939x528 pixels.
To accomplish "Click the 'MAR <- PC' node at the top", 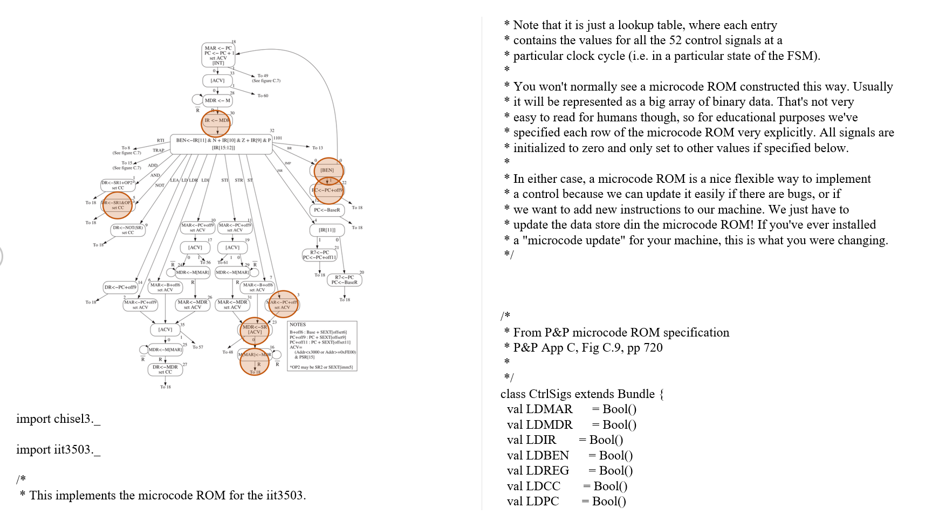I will point(218,55).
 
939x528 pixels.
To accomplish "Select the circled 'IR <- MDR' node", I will point(216,121).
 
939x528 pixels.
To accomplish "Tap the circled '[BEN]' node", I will point(327,170).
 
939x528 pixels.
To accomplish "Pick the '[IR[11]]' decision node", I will point(327,230).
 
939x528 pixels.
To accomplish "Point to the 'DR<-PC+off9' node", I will point(120,287).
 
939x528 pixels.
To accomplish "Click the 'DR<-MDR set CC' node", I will point(165,369).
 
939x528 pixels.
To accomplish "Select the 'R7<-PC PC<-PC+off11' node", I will point(320,255).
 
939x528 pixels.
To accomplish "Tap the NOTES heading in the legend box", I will point(298,325).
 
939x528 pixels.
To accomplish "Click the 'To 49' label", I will point(263,76).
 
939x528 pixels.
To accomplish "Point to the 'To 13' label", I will point(318,148).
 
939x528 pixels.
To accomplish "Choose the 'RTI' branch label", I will point(161,141).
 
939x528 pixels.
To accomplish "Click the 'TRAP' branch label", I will point(158,150).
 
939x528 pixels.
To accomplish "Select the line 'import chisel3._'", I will point(58,419).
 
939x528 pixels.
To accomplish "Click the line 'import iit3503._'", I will point(58,450).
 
